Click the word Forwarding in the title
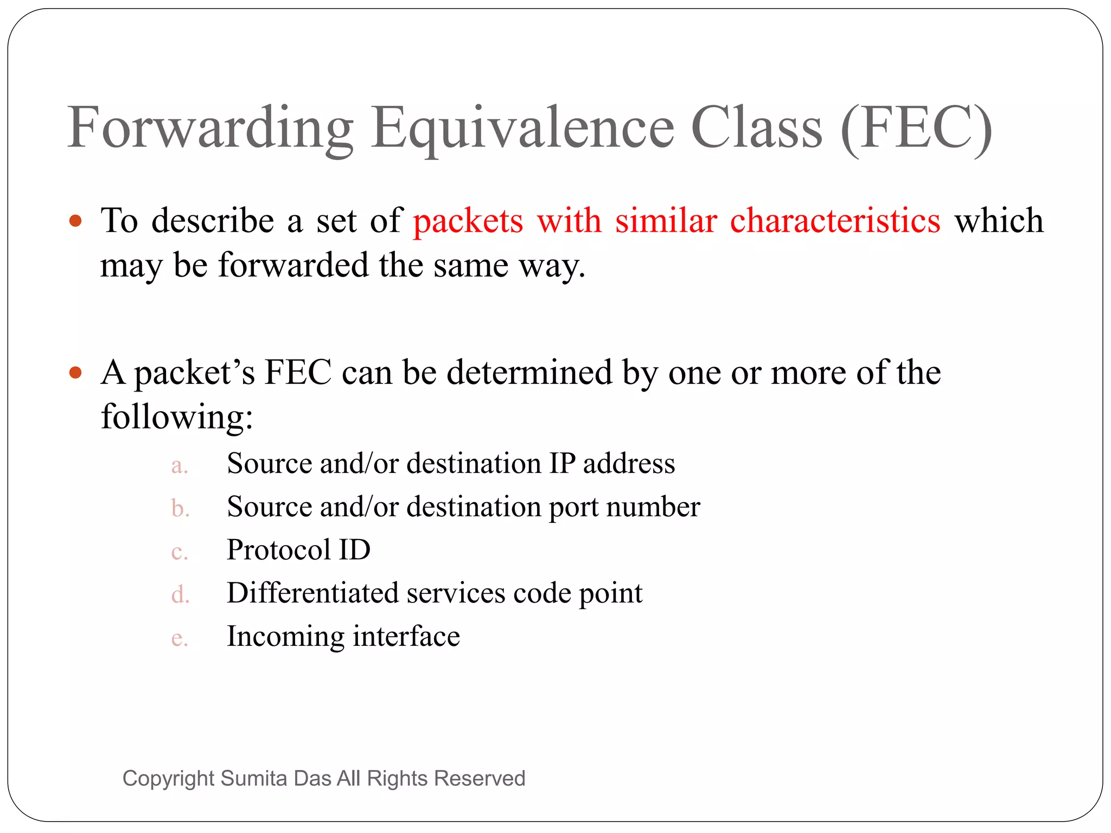coord(210,128)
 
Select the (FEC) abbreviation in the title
coord(916,128)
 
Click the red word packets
coord(468,221)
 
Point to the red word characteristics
coord(835,221)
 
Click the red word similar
coord(666,221)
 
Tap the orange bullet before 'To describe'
coord(75,221)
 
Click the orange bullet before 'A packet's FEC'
coord(75,373)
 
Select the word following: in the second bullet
coord(177,418)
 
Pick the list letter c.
coord(178,552)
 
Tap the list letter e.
coord(178,638)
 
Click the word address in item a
coord(629,464)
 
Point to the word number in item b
coord(653,507)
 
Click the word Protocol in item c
coord(278,550)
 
